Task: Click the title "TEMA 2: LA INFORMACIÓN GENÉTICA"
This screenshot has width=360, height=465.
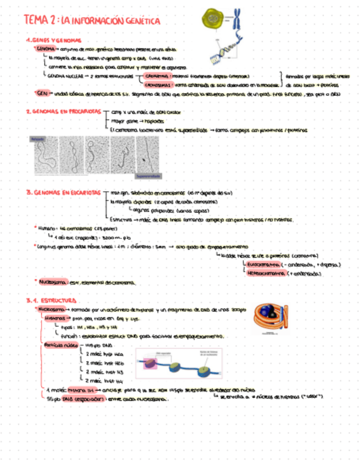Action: pyautogui.click(x=92, y=21)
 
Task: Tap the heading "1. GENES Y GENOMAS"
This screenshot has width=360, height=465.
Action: pyautogui.click(x=53, y=41)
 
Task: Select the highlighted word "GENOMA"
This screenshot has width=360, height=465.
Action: pyautogui.click(x=46, y=49)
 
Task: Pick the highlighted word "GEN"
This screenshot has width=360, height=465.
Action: pyautogui.click(x=41, y=93)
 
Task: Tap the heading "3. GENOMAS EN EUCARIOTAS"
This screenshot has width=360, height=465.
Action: pyautogui.click(x=63, y=193)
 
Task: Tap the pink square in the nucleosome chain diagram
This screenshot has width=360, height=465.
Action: pyautogui.click(x=150, y=362)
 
